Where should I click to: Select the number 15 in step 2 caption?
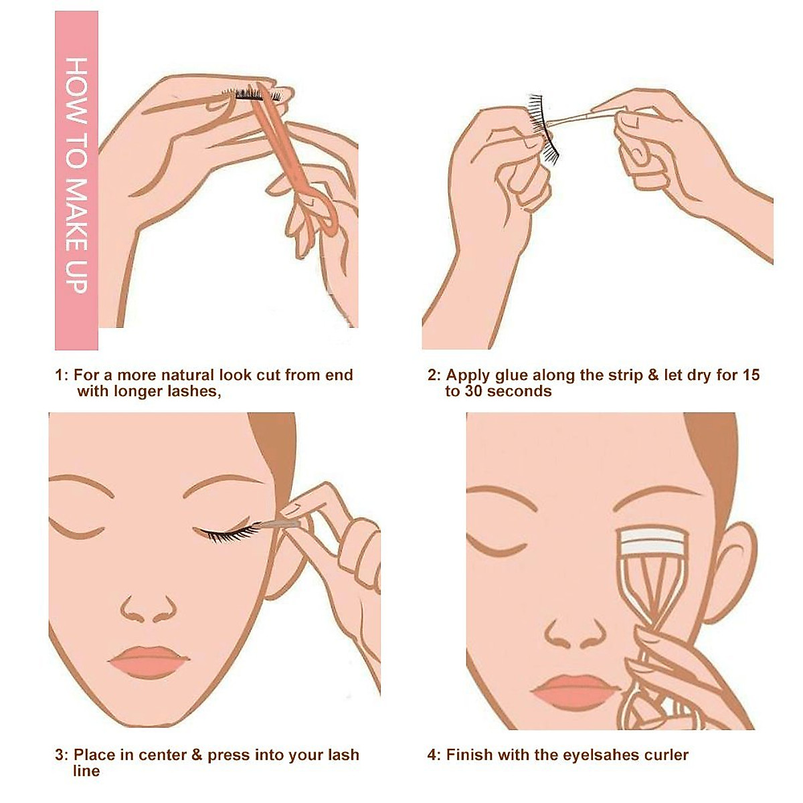750,375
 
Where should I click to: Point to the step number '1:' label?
62,375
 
